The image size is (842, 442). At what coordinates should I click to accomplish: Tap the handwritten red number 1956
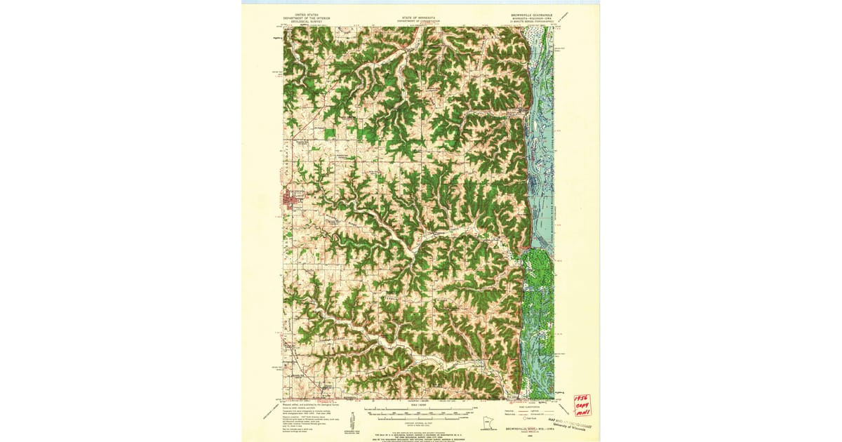click(582, 399)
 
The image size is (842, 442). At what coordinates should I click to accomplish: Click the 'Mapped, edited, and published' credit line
click(308, 403)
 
